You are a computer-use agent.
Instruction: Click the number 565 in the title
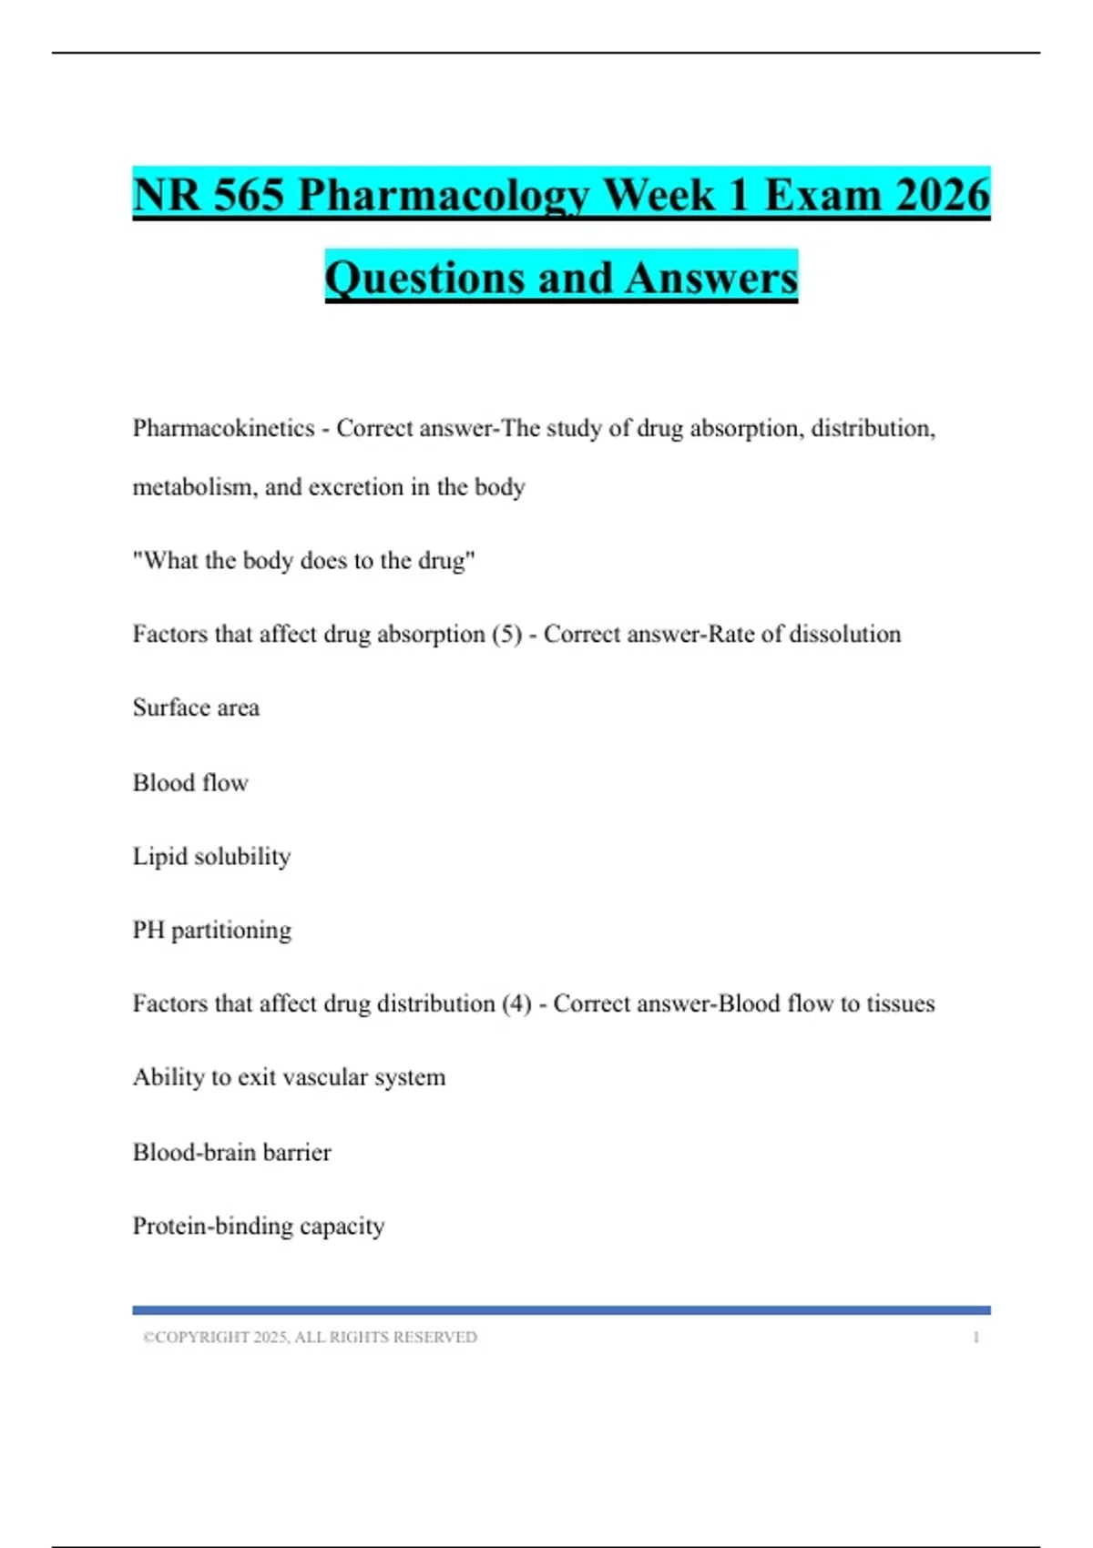(x=249, y=195)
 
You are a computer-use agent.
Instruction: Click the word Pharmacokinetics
(x=223, y=428)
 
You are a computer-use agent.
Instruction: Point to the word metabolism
(x=192, y=487)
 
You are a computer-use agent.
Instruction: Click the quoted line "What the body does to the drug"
(x=303, y=560)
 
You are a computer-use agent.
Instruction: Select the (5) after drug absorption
(x=506, y=634)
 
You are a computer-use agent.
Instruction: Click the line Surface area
(x=196, y=708)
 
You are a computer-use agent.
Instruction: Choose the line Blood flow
(x=190, y=782)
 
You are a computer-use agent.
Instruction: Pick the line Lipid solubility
(x=211, y=856)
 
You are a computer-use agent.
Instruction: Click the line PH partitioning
(x=212, y=930)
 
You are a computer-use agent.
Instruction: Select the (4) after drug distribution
(x=516, y=1003)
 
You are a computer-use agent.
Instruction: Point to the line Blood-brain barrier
(x=231, y=1152)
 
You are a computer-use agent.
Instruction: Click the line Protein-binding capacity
(x=259, y=1226)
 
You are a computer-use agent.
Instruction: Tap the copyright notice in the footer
(x=310, y=1337)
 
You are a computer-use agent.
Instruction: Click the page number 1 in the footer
(x=976, y=1337)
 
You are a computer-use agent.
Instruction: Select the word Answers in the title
(x=711, y=278)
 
